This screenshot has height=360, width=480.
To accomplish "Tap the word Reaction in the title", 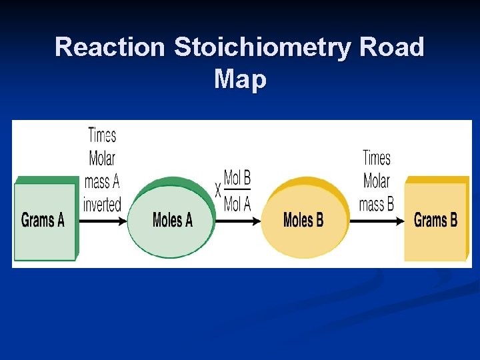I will (x=111, y=47).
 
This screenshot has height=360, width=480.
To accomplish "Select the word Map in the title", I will (x=240, y=79).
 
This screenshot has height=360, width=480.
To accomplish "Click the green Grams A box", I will (x=43, y=220).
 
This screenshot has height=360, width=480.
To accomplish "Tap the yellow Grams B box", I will (x=435, y=220).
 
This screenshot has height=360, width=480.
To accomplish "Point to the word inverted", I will (x=102, y=204).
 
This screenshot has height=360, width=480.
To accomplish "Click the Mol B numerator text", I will (x=237, y=178).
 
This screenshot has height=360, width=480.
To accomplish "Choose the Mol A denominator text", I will (x=237, y=204).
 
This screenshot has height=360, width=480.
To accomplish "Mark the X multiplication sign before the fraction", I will (x=218, y=191).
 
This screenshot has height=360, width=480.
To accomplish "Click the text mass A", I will (x=102, y=181).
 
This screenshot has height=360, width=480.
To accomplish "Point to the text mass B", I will (x=377, y=204).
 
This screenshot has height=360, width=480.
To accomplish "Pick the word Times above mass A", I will (x=102, y=135).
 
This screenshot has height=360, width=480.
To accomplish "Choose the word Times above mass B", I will (x=377, y=159).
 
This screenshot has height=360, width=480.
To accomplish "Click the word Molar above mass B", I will (x=377, y=181).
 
